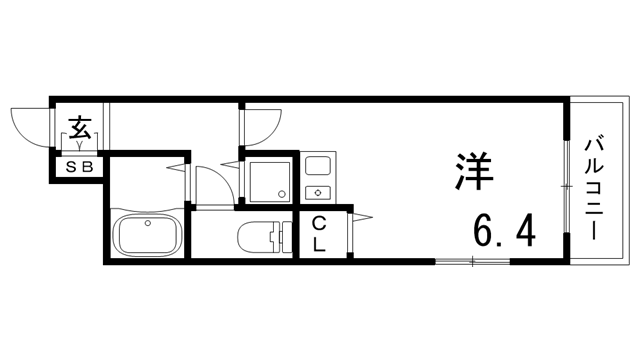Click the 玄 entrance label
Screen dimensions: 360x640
79,129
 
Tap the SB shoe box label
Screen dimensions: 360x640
79,168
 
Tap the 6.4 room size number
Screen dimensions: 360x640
504,233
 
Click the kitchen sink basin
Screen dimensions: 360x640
320,166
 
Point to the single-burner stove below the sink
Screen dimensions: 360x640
320,189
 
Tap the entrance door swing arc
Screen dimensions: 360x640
30,124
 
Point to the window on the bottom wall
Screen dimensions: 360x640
469,262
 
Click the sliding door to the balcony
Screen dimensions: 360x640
567,186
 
